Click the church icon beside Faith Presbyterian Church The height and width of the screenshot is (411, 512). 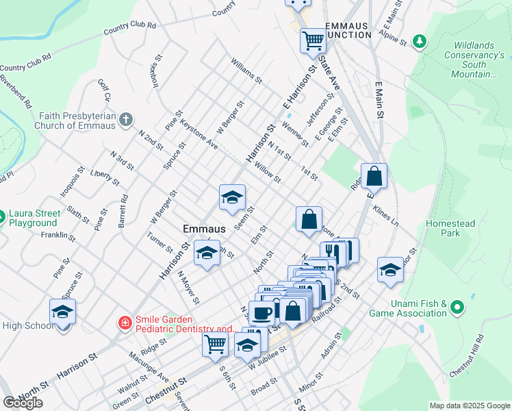click(125, 121)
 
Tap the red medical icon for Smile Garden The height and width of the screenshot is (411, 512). click(125, 322)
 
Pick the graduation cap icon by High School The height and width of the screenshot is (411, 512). click(63, 312)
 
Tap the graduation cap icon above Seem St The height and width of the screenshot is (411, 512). click(232, 197)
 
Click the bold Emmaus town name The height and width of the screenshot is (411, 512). click(205, 228)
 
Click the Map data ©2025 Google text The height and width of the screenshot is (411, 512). click(470, 406)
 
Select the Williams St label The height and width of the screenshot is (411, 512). click(246, 71)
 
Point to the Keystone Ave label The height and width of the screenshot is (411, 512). click(199, 136)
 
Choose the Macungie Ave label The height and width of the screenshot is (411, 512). click(149, 366)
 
